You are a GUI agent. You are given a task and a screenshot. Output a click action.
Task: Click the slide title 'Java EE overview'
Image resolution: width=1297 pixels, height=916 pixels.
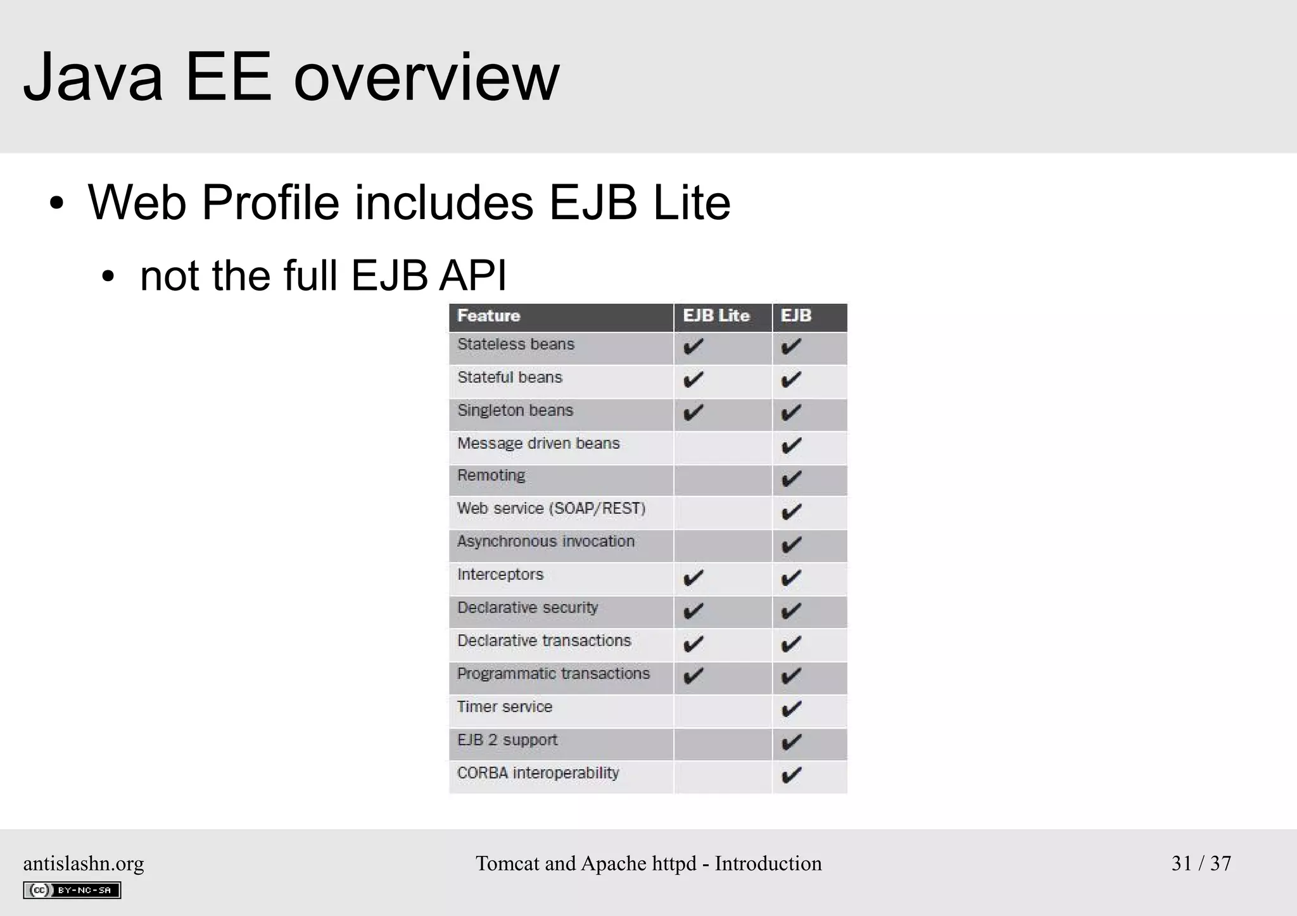291,77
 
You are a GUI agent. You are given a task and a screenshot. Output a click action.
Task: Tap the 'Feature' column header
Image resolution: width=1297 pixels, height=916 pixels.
488,316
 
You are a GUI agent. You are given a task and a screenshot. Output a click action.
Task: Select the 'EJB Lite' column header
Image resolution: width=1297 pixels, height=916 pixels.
716,316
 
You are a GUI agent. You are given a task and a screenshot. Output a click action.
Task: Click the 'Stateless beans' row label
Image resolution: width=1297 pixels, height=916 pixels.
516,344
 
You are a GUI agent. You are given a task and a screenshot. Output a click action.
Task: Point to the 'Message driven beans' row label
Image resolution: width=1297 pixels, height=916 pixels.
538,444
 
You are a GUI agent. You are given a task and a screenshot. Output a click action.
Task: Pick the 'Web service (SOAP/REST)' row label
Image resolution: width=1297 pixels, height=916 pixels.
551,509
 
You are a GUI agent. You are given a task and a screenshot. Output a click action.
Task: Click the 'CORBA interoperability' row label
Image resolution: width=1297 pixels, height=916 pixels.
538,774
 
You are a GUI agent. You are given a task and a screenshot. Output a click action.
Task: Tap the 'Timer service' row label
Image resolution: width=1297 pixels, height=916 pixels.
505,707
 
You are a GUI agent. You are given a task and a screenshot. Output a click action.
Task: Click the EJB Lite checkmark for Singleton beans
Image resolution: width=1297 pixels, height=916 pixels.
693,413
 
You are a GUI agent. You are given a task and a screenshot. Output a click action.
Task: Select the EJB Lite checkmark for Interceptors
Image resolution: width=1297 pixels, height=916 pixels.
693,578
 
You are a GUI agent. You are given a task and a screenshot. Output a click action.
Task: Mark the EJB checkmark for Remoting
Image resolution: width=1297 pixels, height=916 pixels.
792,479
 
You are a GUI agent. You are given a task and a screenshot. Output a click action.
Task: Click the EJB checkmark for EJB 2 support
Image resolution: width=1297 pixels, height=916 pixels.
792,743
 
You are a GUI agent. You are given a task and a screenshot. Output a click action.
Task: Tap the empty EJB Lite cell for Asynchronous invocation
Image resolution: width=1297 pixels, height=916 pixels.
723,546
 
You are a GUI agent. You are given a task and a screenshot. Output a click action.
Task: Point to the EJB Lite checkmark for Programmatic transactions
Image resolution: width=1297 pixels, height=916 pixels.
693,676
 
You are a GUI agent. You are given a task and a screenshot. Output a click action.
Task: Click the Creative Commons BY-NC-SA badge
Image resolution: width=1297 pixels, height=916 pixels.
72,890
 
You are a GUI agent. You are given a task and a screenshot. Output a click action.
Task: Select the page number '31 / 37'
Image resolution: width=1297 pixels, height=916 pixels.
1201,863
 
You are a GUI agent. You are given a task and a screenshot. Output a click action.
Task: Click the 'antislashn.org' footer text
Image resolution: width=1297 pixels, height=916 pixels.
84,863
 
